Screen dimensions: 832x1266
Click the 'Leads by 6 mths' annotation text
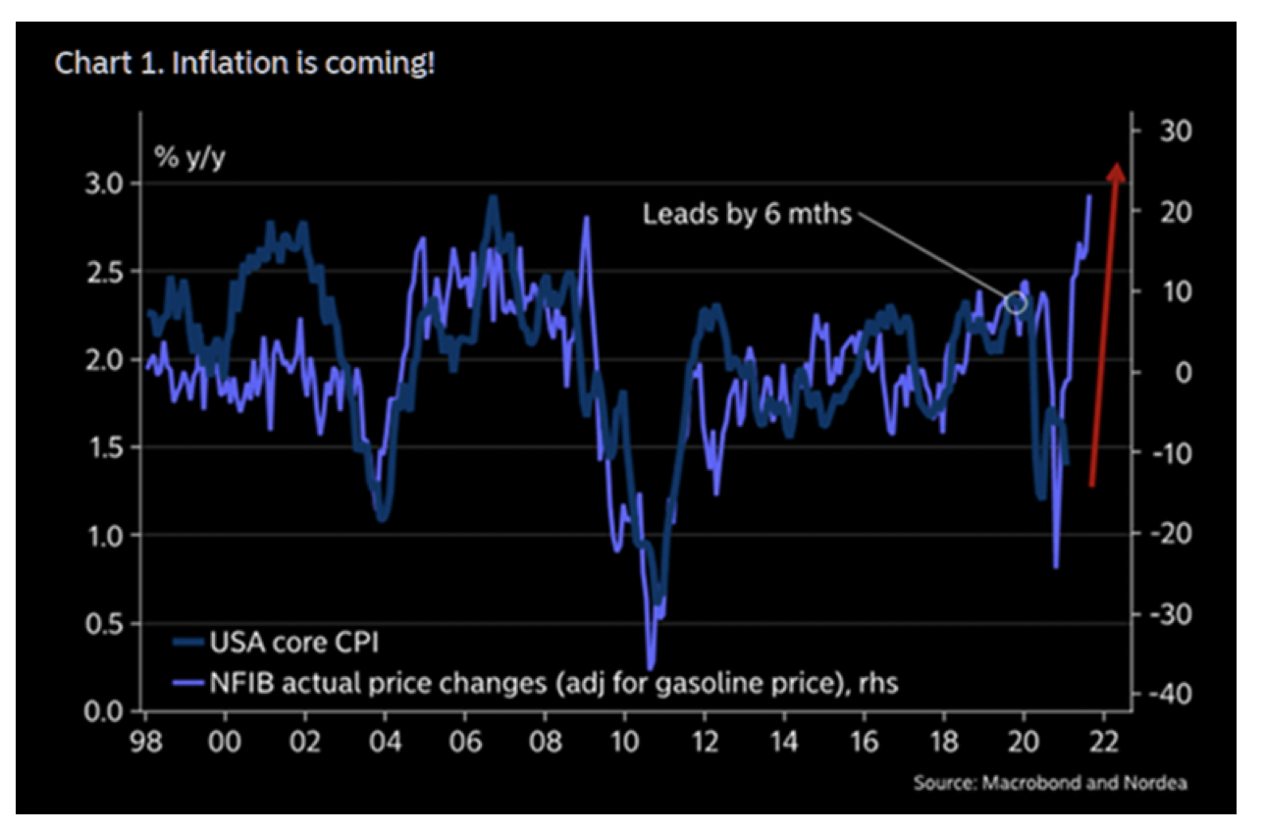point(747,213)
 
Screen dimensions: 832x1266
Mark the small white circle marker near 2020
point(1016,302)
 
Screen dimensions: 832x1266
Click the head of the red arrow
point(1116,172)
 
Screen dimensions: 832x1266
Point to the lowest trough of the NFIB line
point(650,668)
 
